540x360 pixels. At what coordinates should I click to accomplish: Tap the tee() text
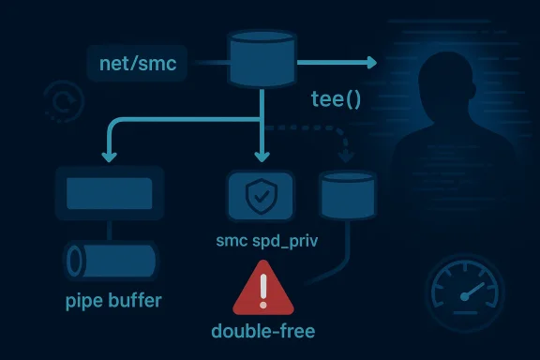coord(336,97)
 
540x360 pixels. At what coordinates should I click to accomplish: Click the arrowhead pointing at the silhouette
coord(369,63)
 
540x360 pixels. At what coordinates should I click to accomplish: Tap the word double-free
coord(263,330)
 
